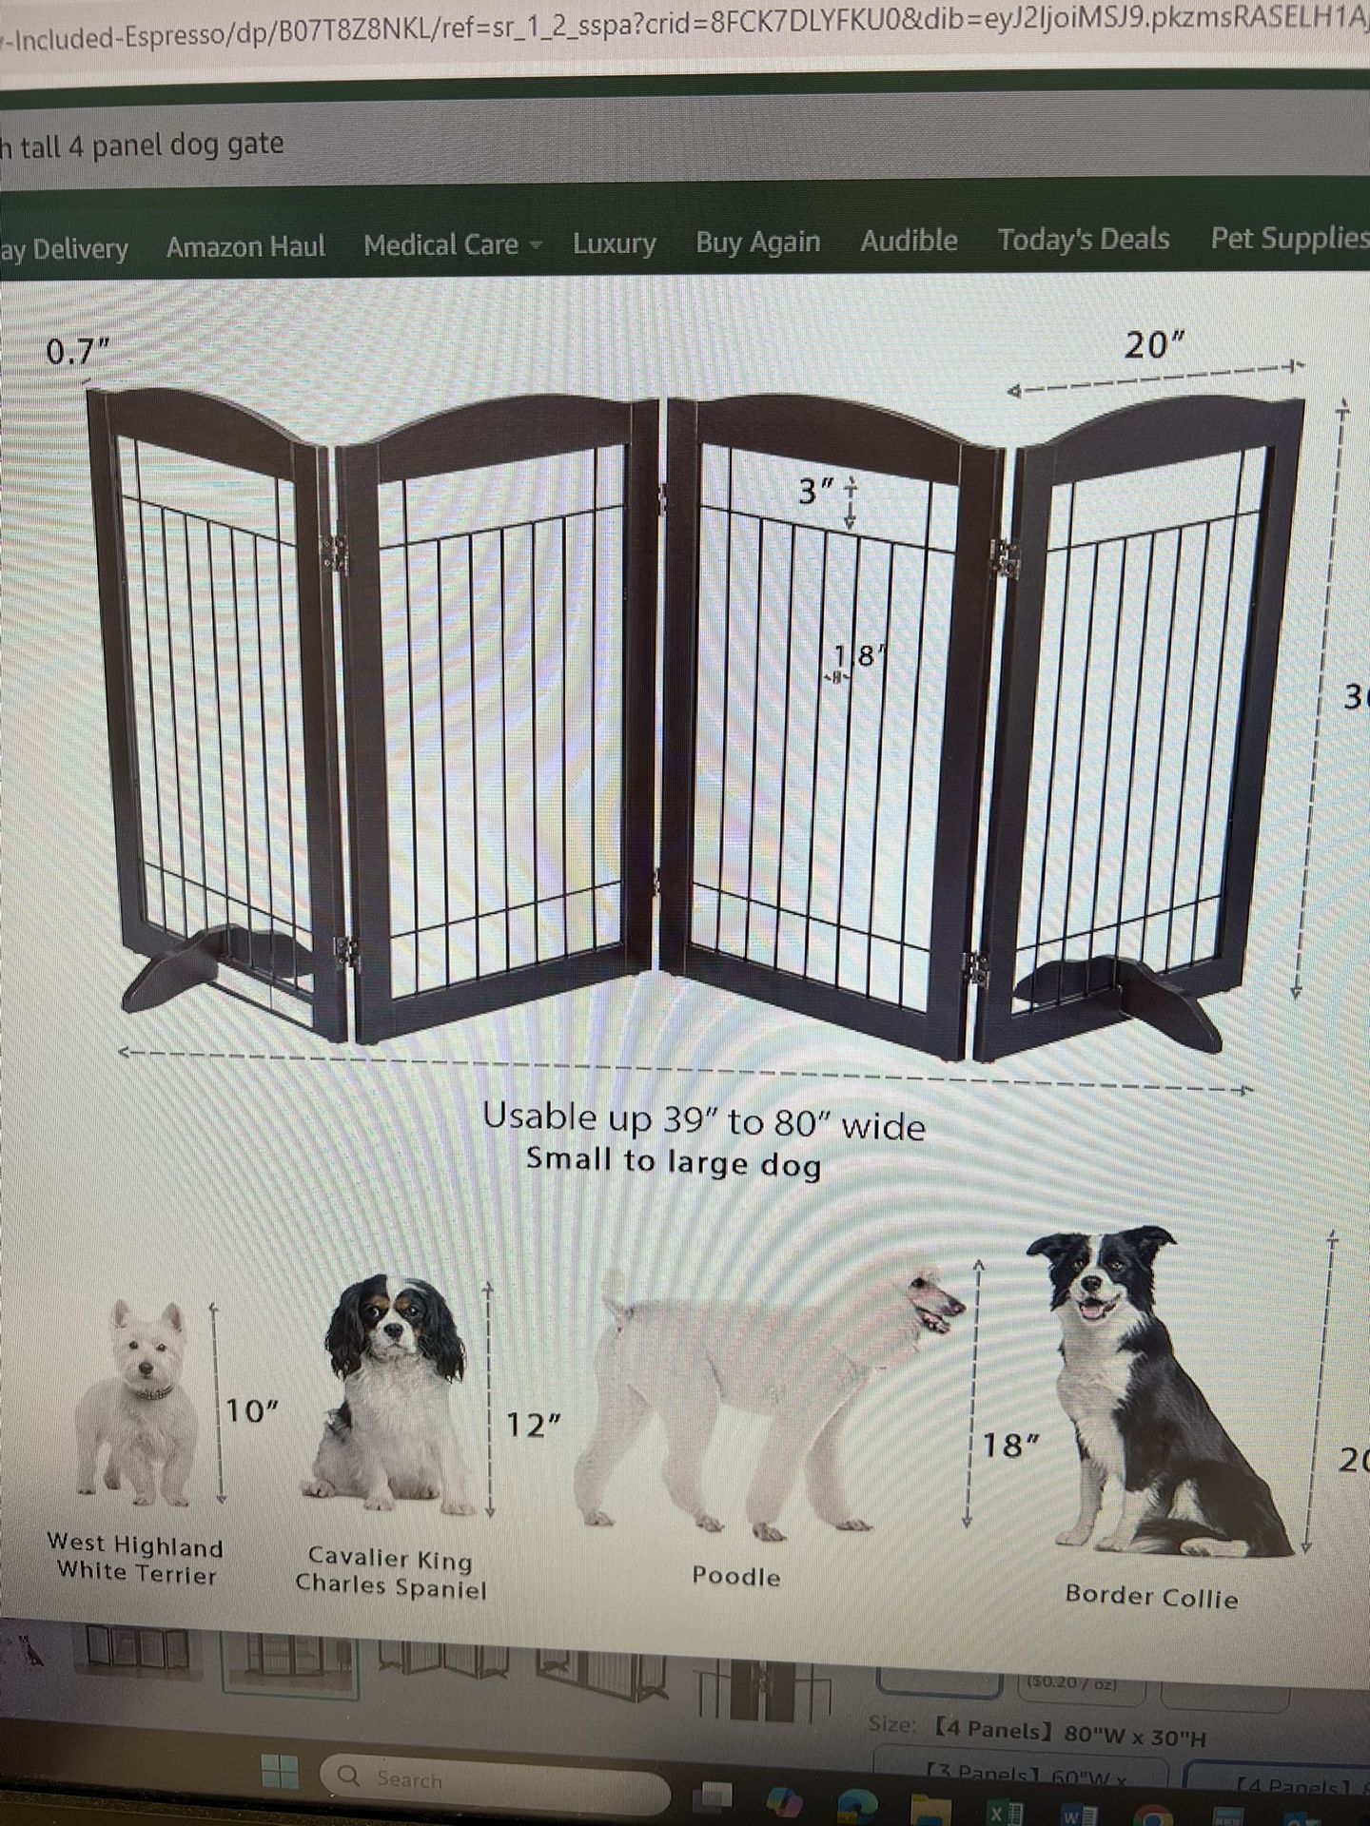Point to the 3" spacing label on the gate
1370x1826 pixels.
[816, 492]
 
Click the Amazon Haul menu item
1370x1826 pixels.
[245, 247]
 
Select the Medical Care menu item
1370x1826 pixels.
[441, 245]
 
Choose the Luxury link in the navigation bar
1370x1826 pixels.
[614, 243]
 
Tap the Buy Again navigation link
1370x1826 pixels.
[757, 242]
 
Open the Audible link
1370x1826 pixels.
[909, 241]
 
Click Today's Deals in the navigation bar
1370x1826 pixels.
[1083, 239]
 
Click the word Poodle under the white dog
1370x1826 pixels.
[735, 1576]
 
